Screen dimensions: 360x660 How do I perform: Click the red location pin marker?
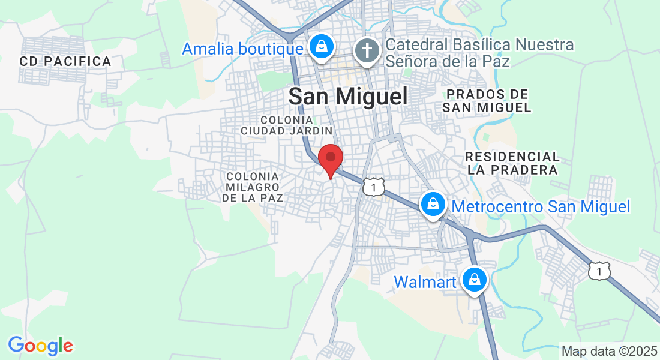pos(330,158)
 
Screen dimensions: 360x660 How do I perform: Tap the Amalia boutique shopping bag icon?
pos(322,46)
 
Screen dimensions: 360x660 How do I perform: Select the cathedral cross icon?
pos(367,50)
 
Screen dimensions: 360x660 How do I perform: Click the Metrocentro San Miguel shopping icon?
pos(432,204)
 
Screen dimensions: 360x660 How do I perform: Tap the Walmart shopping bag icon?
pos(475,279)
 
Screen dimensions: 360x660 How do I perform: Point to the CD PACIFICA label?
pos(65,61)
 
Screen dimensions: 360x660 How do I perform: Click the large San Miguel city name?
pos(348,96)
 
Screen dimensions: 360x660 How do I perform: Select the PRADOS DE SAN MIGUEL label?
pos(487,101)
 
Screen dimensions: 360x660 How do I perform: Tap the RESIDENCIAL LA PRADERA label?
pos(512,163)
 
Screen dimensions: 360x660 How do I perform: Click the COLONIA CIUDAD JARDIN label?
pos(287,125)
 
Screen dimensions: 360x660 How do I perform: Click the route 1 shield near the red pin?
pos(373,187)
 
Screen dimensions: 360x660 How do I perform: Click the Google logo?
pos(40,346)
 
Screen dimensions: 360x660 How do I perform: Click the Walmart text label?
pos(426,281)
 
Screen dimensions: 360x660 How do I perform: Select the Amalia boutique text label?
pos(242,49)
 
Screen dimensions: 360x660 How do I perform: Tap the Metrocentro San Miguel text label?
pos(541,207)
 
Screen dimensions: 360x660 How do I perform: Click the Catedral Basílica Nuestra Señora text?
pos(479,53)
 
